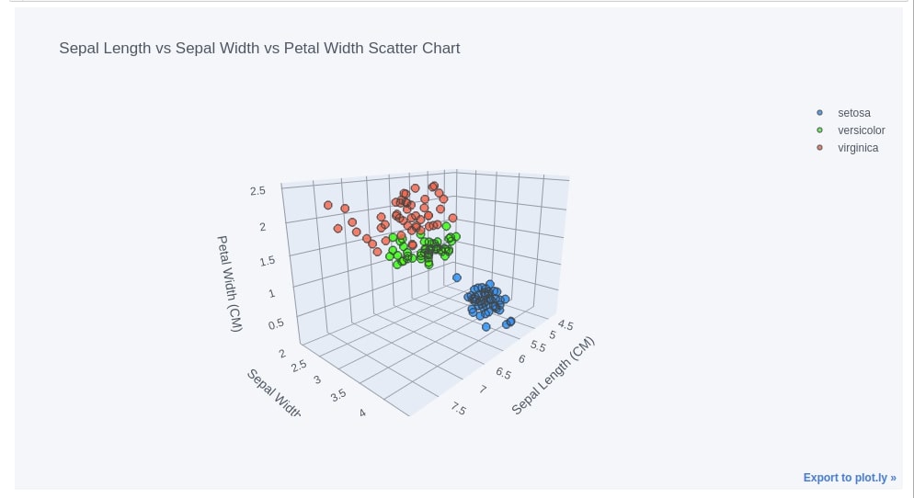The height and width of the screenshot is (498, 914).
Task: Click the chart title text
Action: [259, 48]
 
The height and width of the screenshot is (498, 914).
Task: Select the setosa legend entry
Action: [853, 113]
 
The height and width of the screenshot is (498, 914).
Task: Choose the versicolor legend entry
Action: [861, 130]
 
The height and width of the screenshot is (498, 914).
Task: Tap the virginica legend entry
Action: [858, 148]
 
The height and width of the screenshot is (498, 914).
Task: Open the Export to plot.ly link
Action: [849, 478]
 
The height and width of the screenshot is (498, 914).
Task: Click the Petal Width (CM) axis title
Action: [229, 283]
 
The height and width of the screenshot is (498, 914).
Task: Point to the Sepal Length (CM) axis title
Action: [554, 376]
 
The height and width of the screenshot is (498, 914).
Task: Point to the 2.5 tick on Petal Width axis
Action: [257, 191]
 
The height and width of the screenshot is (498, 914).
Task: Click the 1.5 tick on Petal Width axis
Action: [266, 261]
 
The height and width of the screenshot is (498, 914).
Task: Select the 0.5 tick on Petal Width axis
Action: [275, 324]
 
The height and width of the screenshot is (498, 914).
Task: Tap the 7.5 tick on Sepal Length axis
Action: [458, 409]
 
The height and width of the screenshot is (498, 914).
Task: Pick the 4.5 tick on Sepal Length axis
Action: [565, 325]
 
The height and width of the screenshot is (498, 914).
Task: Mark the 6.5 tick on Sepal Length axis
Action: [503, 373]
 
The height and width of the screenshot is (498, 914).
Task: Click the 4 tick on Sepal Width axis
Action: [362, 413]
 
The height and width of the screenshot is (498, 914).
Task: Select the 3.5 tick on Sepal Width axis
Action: [338, 395]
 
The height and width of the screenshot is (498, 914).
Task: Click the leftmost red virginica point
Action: [328, 205]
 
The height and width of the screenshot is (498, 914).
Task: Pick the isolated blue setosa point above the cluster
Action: [457, 277]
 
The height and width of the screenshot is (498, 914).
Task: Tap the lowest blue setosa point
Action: [486, 327]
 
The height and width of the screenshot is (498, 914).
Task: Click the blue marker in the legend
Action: [819, 113]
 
